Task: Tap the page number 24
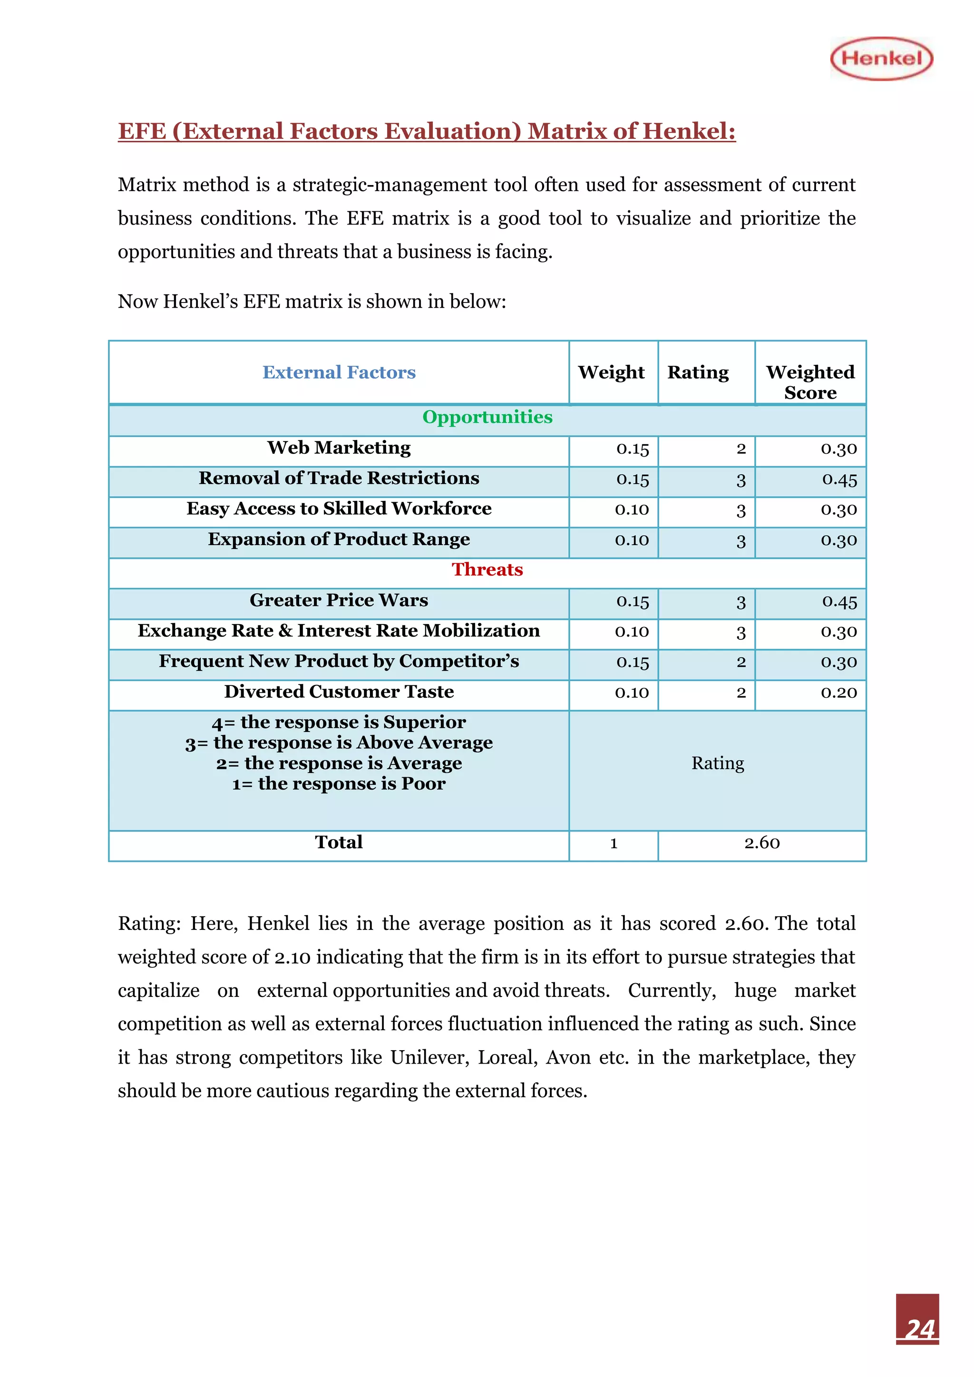coord(919,1328)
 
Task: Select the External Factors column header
coord(339,372)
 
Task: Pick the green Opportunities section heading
coord(487,417)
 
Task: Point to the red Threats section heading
coord(487,569)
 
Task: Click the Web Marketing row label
coord(339,448)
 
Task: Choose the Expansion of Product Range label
coord(339,539)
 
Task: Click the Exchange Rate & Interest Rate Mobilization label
coord(339,631)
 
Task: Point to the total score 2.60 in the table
coord(762,843)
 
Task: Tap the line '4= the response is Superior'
coord(339,722)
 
